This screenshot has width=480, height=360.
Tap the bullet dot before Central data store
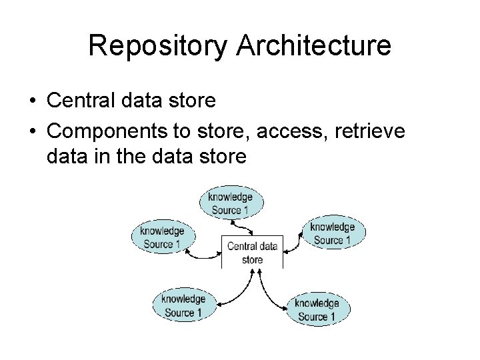(x=32, y=102)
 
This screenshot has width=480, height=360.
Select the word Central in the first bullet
(x=79, y=102)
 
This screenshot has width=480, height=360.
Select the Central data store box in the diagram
(x=252, y=252)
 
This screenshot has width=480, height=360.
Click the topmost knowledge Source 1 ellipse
(x=231, y=203)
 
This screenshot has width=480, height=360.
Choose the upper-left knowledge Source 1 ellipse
(x=162, y=237)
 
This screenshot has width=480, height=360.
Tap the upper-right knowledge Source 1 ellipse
(x=333, y=233)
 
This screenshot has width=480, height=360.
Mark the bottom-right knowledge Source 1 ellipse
(x=317, y=309)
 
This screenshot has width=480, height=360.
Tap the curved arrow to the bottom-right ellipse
(x=270, y=293)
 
